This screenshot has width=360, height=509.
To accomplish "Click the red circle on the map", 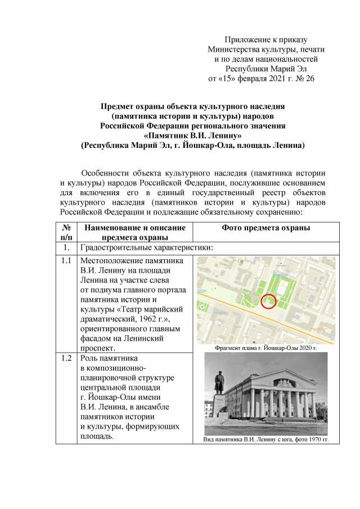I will [269, 303].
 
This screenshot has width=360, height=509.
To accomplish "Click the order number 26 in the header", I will [309, 78].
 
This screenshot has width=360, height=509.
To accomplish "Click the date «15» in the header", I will [224, 78].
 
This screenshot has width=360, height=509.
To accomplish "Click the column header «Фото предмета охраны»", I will [266, 228].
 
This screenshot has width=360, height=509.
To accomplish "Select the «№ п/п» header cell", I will [66, 233].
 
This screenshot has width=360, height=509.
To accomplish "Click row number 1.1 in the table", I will [66, 261].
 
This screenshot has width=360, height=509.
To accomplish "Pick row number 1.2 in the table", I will [66, 358].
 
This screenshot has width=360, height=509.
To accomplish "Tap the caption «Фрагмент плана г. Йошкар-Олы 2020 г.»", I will [265, 348].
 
